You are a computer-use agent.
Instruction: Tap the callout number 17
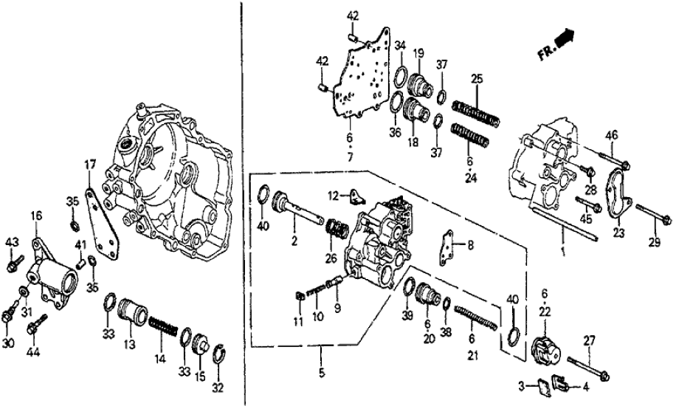tap(89, 165)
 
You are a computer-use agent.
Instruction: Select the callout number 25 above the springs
tap(477, 79)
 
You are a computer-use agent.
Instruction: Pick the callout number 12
tap(334, 196)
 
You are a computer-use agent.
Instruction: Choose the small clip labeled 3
tap(541, 384)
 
